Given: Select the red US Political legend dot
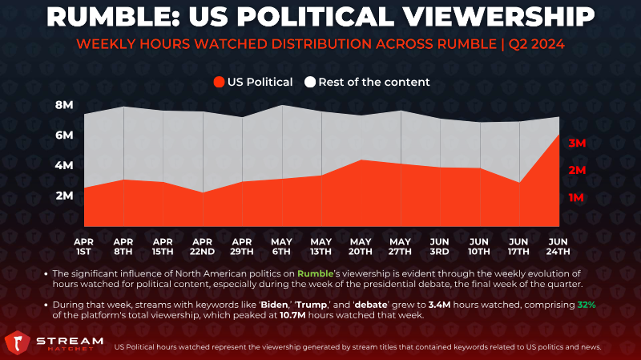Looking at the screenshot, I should pyautogui.click(x=220, y=82).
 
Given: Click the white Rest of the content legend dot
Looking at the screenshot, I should pyautogui.click(x=309, y=82).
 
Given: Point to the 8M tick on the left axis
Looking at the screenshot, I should pyautogui.click(x=65, y=105).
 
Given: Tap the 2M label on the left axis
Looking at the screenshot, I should pyautogui.click(x=65, y=196).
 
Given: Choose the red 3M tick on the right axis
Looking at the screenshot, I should pyautogui.click(x=578, y=143).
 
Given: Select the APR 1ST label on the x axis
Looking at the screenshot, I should pyautogui.click(x=84, y=246).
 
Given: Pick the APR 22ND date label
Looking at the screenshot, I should pyautogui.click(x=203, y=246).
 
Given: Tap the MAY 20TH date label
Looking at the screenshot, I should pyautogui.click(x=361, y=246).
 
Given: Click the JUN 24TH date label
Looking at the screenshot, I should pyautogui.click(x=558, y=246).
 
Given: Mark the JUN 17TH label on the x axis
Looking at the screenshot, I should pyautogui.click(x=519, y=246).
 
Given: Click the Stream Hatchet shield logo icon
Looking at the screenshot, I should pyautogui.click(x=18, y=343).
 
